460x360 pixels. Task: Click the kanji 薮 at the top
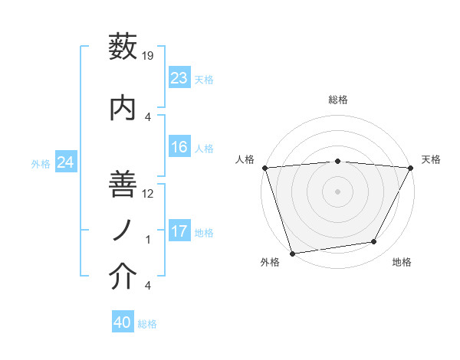pos(123,47)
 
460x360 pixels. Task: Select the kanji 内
pos(123,108)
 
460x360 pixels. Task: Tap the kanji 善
pos(123,185)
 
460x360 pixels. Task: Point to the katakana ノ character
pos(123,229)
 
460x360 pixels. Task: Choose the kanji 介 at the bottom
pos(123,277)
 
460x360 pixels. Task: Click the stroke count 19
pos(149,56)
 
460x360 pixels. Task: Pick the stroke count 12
pos(149,194)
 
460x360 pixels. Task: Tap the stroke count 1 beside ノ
pos(149,240)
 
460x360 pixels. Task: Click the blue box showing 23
pos(179,77)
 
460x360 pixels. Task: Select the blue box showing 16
pos(179,147)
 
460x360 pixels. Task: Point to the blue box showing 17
pos(179,231)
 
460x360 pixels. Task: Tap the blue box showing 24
pos(66,162)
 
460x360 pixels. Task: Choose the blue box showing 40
pos(123,322)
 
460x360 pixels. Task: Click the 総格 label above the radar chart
pos(338,100)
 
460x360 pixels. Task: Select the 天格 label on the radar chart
pos(432,159)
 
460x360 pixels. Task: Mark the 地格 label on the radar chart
pos(402,262)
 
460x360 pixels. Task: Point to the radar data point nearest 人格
pos(264,168)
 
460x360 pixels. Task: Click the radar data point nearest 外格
pos(292,253)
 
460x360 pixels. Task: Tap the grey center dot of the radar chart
pos(338,191)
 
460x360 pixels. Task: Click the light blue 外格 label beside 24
pos(41,163)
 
